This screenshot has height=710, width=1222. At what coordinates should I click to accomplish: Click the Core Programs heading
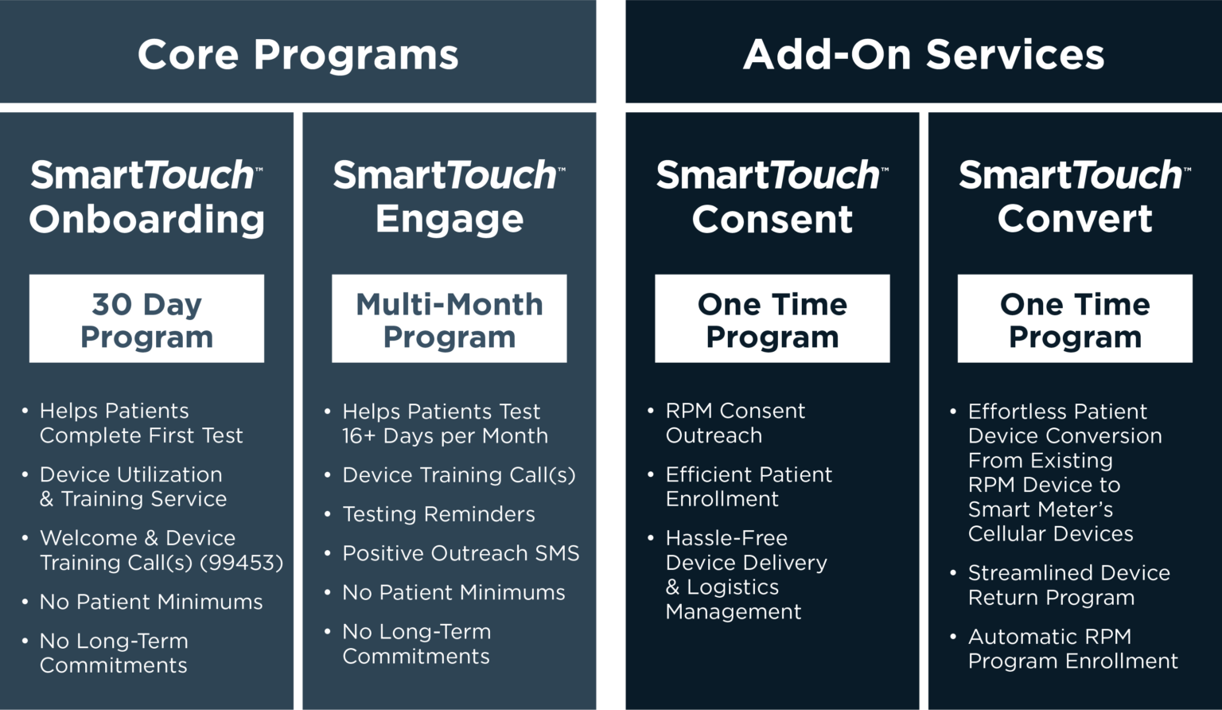coord(298,55)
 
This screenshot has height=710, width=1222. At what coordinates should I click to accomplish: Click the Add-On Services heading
coord(923,55)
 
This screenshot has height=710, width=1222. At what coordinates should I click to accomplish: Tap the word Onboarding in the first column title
coord(147,219)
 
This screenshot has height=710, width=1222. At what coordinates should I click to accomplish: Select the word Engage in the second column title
coord(449,219)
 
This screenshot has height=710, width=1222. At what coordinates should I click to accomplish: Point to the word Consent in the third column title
coord(772,219)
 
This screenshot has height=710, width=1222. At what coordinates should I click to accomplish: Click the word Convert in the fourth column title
coord(1075,219)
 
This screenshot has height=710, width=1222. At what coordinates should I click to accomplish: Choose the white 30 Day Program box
coord(146,318)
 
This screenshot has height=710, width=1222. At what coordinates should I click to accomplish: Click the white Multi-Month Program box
coord(449,318)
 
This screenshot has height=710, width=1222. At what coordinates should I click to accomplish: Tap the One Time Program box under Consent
coord(772,318)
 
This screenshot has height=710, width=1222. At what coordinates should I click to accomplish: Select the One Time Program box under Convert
coord(1075,318)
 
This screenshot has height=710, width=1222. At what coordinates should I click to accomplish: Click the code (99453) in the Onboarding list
coord(241,563)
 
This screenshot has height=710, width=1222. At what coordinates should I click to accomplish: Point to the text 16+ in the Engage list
coord(359,436)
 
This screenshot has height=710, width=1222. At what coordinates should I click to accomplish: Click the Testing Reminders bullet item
coord(438,514)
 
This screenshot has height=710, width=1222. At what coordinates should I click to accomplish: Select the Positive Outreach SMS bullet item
coord(461,553)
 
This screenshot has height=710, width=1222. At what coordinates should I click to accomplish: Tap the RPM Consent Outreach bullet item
coord(734,423)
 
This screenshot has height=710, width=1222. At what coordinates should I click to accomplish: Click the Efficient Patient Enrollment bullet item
coord(748,486)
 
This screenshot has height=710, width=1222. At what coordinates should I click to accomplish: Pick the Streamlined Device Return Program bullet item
coord(1068,585)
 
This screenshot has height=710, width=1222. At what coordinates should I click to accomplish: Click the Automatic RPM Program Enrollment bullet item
coord(1072,649)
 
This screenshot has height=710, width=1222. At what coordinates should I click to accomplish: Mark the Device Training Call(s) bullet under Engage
coord(458,475)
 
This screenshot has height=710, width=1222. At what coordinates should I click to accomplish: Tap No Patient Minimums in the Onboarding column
coord(151,602)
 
